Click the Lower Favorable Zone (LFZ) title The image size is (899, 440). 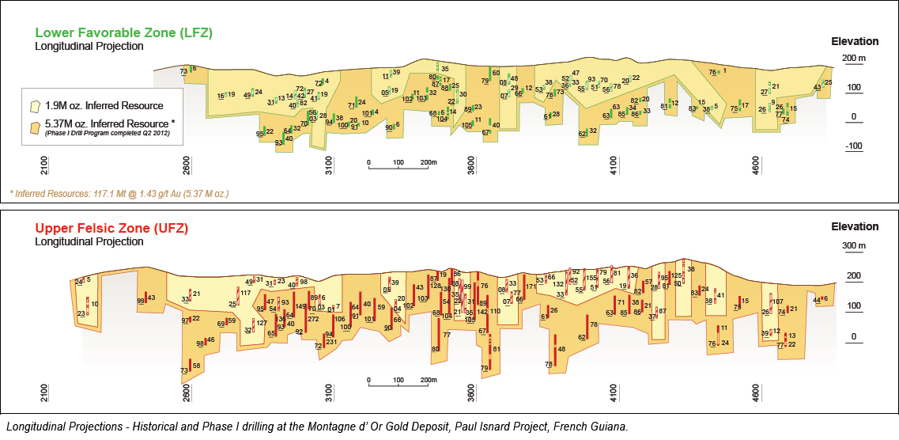(123, 32)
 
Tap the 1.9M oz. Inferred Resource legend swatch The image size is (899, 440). (35, 105)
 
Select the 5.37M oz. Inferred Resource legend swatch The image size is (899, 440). (35, 126)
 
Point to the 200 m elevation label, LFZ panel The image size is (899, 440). (853, 59)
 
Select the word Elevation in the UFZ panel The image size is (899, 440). (855, 227)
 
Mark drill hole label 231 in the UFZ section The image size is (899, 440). (331, 342)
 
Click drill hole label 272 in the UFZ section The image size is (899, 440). (313, 319)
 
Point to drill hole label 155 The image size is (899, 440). (591, 279)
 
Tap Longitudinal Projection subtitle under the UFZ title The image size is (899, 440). (89, 241)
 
